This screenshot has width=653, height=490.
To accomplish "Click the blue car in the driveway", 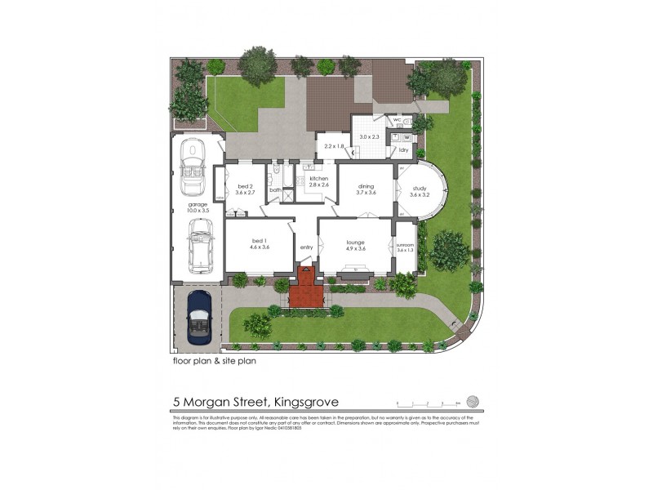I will click(x=198, y=317).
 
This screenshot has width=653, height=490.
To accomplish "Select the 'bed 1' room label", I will click(x=259, y=241).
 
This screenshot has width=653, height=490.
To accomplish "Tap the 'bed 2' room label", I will click(x=245, y=186).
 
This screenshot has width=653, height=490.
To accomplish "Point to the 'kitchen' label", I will click(x=318, y=179).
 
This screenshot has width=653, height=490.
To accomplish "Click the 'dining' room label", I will click(x=366, y=186).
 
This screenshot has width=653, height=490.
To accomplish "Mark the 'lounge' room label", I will click(x=355, y=242).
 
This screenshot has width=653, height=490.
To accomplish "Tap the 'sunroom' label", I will click(x=406, y=245).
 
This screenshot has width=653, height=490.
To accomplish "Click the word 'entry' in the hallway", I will click(x=307, y=247).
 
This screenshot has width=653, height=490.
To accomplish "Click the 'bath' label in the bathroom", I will click(x=276, y=190).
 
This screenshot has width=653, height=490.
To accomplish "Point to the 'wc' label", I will click(x=397, y=121).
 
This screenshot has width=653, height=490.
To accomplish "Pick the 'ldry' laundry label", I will click(x=404, y=150).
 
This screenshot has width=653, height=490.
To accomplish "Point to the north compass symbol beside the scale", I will click(x=471, y=401).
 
